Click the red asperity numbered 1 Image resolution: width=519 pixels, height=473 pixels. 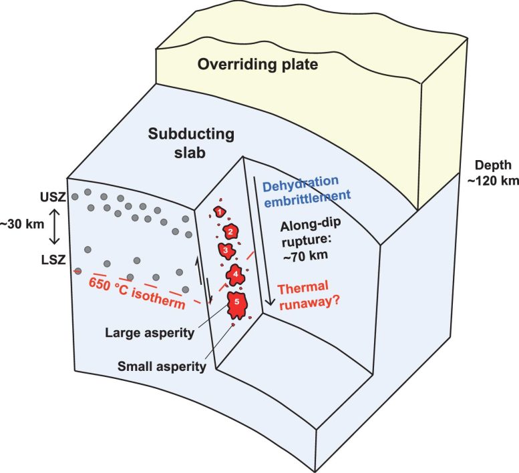pyautogui.click(x=218, y=211)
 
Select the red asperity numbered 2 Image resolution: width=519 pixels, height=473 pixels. pyautogui.click(x=230, y=231)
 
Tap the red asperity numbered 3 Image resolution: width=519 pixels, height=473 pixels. pyautogui.click(x=226, y=250)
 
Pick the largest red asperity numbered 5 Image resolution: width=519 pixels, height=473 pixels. pyautogui.click(x=236, y=304)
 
